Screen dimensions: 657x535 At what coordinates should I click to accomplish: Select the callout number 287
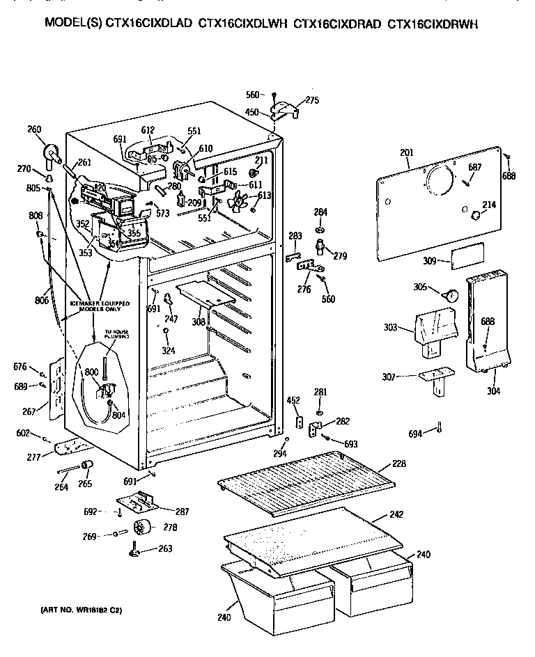tap(182, 512)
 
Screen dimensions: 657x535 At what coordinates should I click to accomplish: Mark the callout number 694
tap(415, 434)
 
